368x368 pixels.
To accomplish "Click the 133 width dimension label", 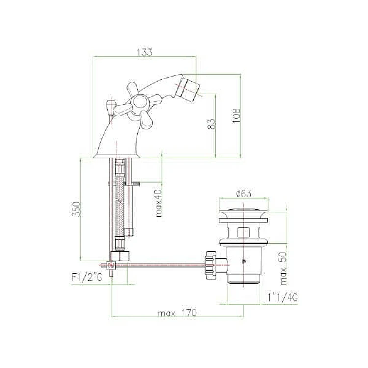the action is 145,52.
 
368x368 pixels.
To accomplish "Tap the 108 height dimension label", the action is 237,116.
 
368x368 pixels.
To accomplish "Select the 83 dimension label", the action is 211,124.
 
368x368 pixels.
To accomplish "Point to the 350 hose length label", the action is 77,210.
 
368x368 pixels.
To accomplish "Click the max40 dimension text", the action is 158,203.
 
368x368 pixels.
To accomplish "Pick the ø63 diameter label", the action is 244,193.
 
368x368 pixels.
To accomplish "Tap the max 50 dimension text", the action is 283,268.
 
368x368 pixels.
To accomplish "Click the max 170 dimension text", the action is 178,313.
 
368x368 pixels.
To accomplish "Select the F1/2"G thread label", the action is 87,278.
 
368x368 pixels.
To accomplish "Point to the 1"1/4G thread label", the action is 283,298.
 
